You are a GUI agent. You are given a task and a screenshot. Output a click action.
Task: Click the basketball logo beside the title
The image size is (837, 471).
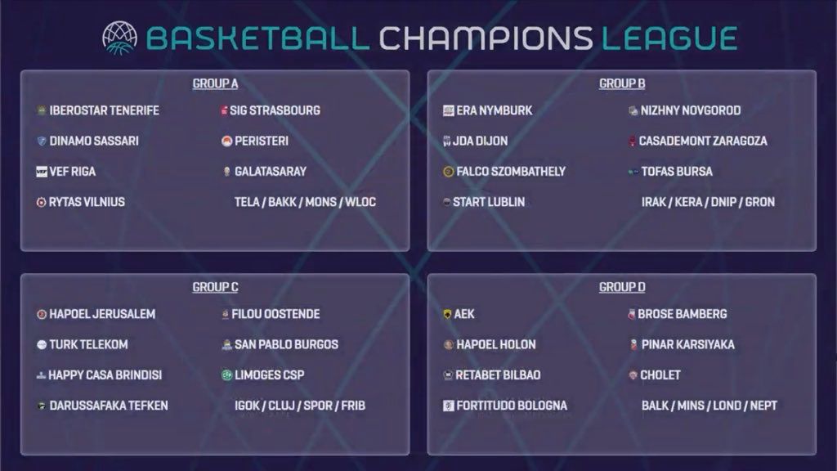[119, 38]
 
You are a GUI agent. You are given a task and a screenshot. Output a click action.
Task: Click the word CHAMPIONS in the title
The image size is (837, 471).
[486, 38]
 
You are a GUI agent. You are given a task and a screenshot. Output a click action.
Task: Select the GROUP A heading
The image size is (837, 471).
[215, 84]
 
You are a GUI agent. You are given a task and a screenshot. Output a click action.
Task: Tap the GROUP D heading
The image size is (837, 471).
[622, 287]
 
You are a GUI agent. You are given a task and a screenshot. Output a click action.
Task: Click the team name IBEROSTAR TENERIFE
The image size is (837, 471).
[104, 110]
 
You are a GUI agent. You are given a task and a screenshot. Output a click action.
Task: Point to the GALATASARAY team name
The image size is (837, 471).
[271, 172]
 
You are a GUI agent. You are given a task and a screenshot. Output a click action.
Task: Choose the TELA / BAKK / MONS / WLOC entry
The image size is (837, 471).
[306, 202]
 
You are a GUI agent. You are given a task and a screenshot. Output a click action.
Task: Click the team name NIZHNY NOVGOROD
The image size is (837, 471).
[691, 110]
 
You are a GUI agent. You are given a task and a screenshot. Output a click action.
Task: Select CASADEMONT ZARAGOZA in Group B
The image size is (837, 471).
[703, 141]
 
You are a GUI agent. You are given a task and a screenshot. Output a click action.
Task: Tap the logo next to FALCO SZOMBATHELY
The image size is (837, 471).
[449, 172]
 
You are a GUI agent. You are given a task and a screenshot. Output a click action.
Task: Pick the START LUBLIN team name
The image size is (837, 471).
[489, 202]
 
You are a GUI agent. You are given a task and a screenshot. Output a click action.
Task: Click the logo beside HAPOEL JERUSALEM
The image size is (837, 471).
[42, 314]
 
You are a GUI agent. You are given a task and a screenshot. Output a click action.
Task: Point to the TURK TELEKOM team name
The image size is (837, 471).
[88, 344]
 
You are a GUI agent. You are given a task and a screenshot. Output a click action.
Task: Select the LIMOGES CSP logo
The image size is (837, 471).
[226, 375]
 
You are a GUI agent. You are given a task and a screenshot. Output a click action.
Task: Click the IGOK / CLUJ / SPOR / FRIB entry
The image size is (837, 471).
[300, 406]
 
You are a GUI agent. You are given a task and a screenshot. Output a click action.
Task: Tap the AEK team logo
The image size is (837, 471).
[447, 314]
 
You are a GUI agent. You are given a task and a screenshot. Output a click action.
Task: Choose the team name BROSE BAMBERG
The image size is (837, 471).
[683, 314]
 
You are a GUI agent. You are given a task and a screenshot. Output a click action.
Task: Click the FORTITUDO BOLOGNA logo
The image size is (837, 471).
[449, 406]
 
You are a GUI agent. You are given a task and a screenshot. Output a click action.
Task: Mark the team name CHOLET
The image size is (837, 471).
[660, 375]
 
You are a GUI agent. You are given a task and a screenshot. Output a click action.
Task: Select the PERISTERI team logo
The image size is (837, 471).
[226, 141]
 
